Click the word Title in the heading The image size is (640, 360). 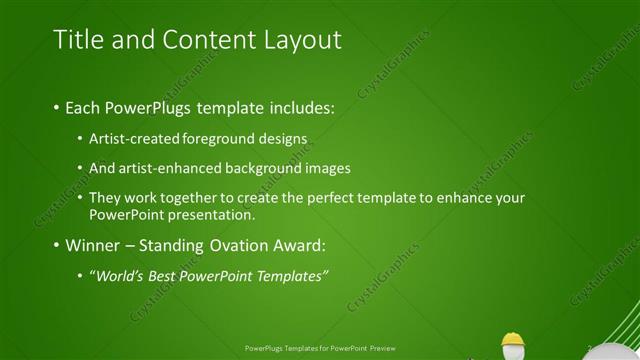[x=75, y=40]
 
